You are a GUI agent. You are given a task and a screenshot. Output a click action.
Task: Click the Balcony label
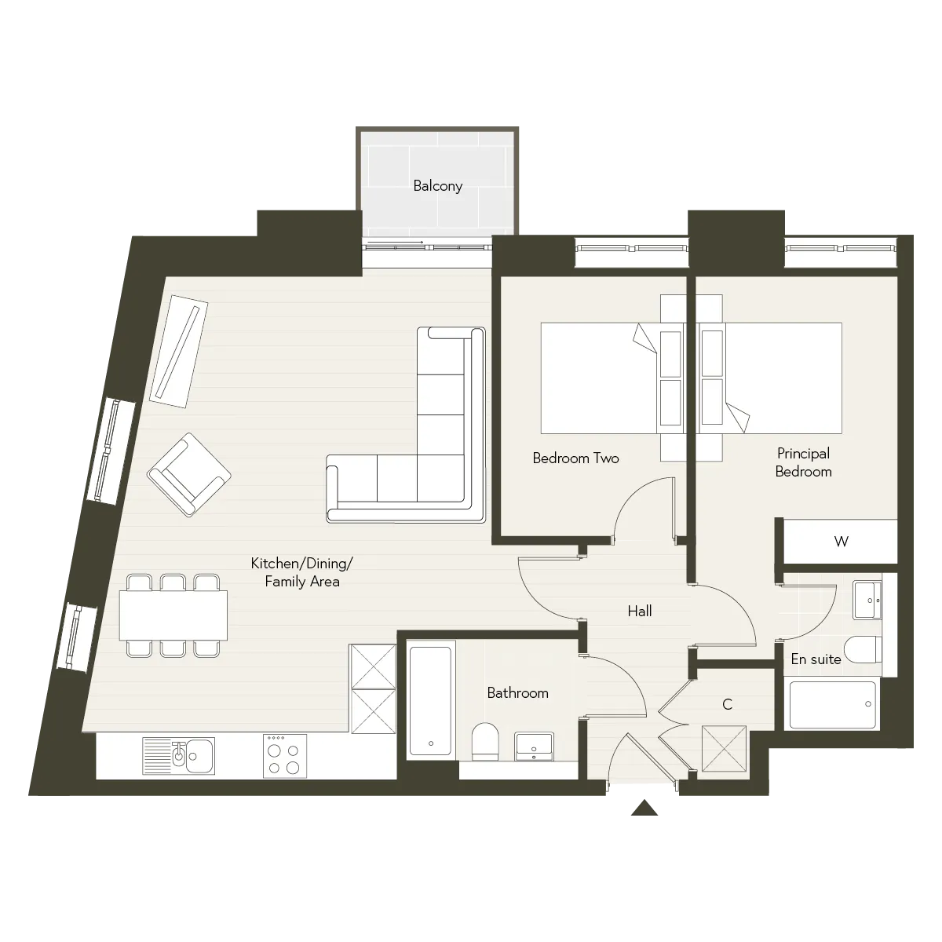coord(437,186)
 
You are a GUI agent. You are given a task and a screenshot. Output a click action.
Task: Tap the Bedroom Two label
coord(575,458)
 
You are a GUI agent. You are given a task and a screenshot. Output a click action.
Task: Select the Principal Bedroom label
coord(803,462)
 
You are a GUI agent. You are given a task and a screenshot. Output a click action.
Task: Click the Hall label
coord(640,611)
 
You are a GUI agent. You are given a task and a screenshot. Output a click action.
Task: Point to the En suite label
coord(816,659)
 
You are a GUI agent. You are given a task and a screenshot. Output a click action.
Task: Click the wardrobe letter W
coord(841,541)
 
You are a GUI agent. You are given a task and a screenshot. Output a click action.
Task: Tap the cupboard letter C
coord(727,704)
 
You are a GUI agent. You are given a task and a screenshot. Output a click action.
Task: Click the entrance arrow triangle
coord(644,808)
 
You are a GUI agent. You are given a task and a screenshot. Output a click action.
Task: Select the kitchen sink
coord(178,756)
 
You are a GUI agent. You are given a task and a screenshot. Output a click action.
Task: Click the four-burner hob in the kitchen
coord(285,756)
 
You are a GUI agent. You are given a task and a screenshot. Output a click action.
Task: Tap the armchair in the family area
coord(189,475)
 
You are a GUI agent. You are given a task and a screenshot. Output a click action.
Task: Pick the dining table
coord(173,615)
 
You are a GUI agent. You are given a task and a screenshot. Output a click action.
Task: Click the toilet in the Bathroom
coord(484,742)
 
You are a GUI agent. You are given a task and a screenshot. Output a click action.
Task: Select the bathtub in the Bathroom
coord(431,701)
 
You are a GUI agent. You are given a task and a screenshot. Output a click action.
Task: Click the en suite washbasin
coord(867,601)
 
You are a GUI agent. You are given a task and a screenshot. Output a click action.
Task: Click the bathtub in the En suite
coord(832,704)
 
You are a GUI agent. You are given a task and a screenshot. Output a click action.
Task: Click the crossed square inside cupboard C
coord(724,749)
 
